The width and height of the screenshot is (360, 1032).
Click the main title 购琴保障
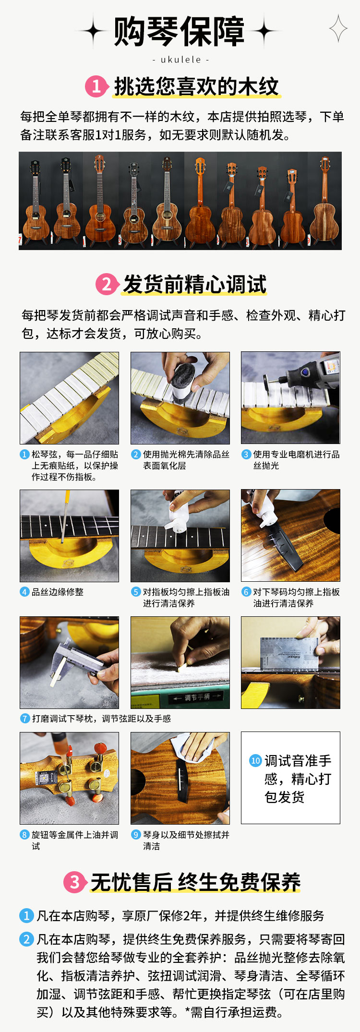180,32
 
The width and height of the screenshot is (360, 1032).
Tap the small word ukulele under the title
180,60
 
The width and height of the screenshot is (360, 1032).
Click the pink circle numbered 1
96,87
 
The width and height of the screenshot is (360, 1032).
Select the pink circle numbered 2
107,284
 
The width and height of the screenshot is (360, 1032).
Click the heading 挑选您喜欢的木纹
196,87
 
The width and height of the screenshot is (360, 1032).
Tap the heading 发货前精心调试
194,284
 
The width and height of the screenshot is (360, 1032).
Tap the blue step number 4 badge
24,592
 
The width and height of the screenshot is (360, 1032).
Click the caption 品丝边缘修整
58,592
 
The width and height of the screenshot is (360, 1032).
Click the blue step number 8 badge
24,835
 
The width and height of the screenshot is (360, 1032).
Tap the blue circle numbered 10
255,760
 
